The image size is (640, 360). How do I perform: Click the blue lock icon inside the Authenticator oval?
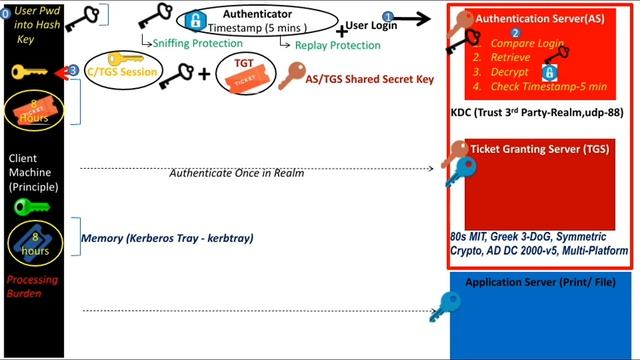196,21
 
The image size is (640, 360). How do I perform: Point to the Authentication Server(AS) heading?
535,18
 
